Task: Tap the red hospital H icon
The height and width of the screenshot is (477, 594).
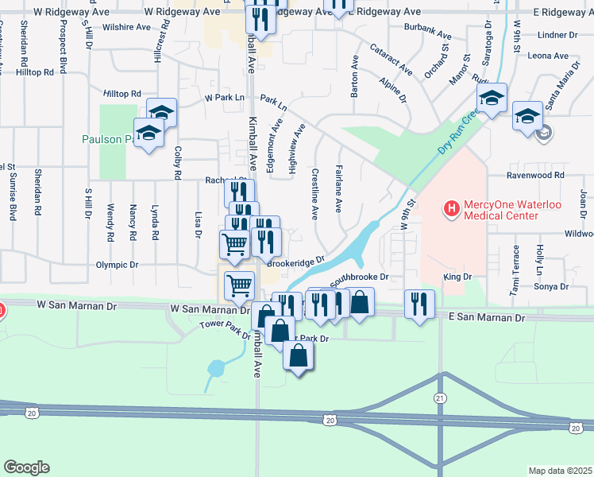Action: coord(451,210)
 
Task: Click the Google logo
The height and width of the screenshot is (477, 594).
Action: coord(26,467)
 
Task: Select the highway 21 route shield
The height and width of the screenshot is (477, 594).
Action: coord(440,397)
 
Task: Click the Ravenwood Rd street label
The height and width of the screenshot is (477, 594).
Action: coord(537,175)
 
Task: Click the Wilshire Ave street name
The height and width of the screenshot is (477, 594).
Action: coord(126,27)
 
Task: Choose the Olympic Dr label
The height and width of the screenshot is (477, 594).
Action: coord(117,265)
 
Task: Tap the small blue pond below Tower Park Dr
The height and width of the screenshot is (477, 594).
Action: coord(215,369)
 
